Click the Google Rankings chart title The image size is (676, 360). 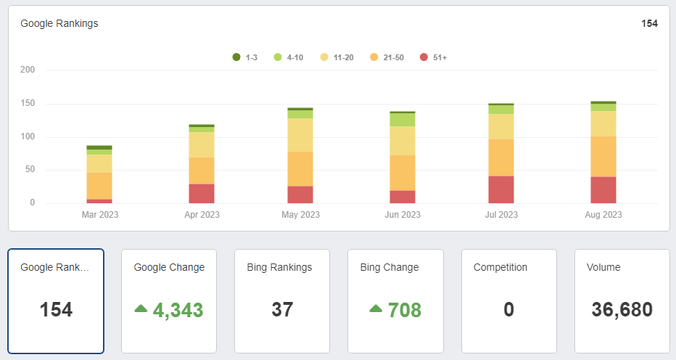59,23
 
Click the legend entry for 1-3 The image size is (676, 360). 245,57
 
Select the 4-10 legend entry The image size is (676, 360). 288,57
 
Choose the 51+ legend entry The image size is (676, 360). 434,57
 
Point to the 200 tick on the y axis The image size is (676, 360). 28,70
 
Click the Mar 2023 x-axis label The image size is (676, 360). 99,215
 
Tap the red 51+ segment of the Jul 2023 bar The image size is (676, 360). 501,189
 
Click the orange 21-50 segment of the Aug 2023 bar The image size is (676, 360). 603,156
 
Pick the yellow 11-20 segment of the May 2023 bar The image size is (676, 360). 300,135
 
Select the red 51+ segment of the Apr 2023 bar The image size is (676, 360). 201,193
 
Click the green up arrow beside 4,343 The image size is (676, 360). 141,308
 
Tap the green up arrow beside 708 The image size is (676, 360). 376,308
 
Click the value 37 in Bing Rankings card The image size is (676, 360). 282,310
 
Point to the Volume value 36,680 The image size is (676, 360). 622,310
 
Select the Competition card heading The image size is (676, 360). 500,267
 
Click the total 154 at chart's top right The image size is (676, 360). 649,23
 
